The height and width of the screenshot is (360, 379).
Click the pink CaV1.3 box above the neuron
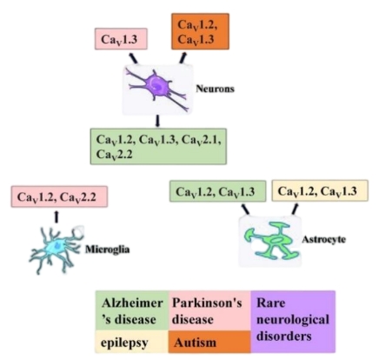coord(121,39)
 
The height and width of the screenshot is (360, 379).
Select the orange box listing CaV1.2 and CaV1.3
coord(200,31)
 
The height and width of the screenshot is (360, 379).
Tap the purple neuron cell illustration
coord(157,89)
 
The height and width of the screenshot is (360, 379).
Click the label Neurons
coord(215,89)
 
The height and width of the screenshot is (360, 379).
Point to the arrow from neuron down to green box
coord(157,121)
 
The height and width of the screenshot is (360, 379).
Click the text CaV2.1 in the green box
coord(202,140)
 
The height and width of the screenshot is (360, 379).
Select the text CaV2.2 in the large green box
coord(114,154)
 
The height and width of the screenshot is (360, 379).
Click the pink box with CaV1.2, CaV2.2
coord(59,197)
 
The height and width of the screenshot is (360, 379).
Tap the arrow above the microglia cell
coord(57,217)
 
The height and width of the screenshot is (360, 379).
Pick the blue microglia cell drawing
coord(57,250)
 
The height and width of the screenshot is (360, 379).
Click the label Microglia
coord(107,250)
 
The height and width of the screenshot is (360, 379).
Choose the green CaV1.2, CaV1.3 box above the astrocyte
coord(217,191)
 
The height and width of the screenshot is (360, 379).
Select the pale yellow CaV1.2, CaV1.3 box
coord(320,190)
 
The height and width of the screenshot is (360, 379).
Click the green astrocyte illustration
coord(272,240)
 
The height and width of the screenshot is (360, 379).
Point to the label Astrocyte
coord(323,239)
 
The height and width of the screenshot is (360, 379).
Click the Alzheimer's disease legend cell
coord(132,310)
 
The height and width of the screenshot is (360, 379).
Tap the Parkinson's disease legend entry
coord(209,310)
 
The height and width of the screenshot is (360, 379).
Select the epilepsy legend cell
coord(132,341)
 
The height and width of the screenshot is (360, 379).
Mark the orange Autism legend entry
coord(209,342)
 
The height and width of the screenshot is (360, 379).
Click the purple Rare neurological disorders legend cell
coord(293,322)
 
